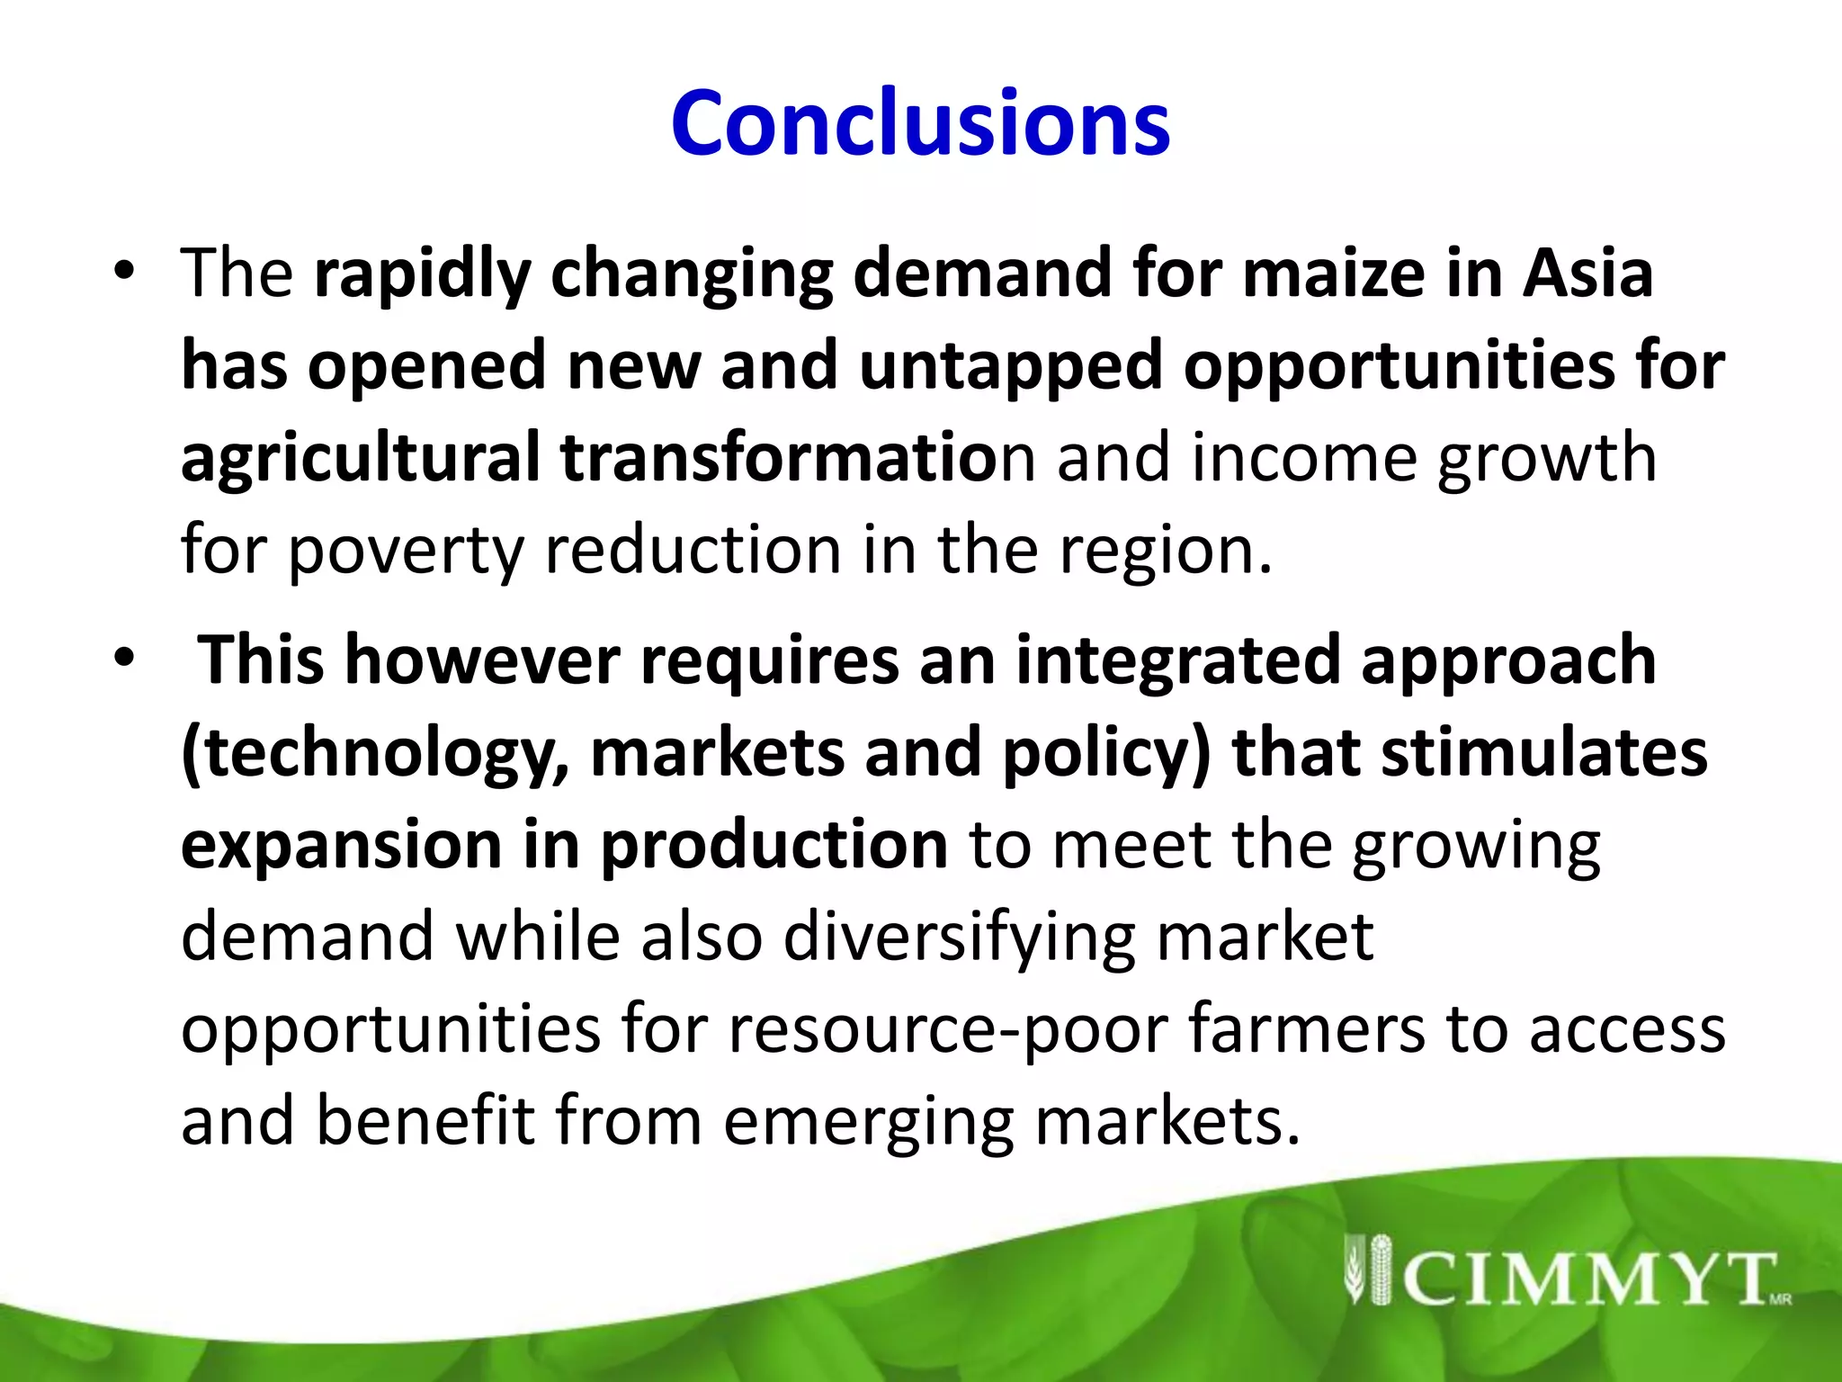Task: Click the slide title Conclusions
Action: click(920, 123)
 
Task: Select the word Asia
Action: click(1587, 274)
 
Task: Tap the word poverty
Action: click(406, 551)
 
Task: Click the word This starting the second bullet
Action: click(261, 660)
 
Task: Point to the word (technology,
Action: click(376, 754)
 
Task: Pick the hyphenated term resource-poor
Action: click(947, 1029)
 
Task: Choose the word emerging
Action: click(868, 1121)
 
